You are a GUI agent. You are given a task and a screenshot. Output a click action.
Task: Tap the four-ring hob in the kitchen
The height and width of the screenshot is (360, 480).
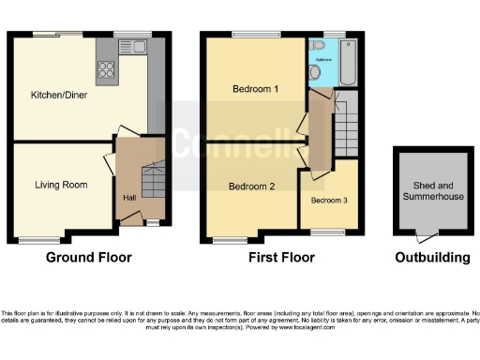[107, 68]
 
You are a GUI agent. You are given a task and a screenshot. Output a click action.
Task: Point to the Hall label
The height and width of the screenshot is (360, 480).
[130, 198]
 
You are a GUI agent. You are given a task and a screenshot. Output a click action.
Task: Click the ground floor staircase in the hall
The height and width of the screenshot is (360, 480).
[150, 177]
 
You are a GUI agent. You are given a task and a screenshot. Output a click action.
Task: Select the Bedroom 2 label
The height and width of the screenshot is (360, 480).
[252, 187]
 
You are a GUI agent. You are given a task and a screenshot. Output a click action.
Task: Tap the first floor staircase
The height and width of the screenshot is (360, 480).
[349, 122]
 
